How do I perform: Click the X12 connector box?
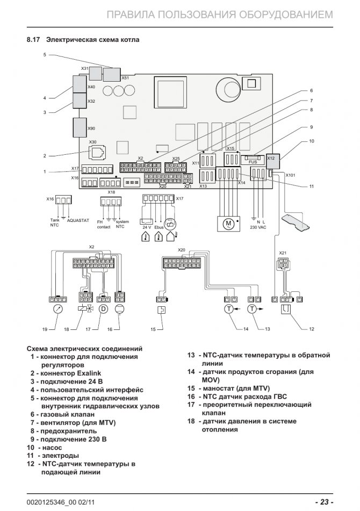click(x=271, y=159)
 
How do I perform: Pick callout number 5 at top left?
click(x=45, y=54)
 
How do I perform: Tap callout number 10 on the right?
click(x=311, y=141)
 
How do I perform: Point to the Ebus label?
click(x=158, y=227)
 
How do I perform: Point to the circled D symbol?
click(x=104, y=309)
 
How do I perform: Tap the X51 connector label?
click(x=125, y=78)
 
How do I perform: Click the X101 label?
click(x=291, y=175)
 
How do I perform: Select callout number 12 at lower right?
click(x=311, y=328)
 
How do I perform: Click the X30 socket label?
click(x=92, y=142)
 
